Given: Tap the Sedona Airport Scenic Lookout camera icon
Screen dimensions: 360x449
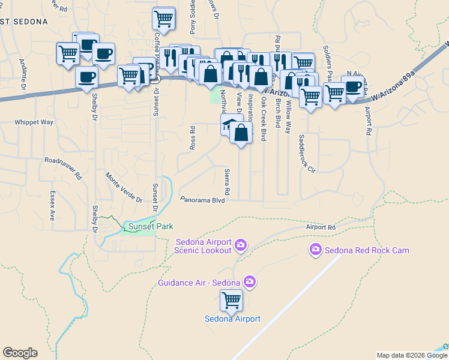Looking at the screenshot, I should click(241, 244).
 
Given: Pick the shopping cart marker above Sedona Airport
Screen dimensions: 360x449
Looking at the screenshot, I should click(231, 300).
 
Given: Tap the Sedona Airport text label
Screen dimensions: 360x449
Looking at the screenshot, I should click(232, 319).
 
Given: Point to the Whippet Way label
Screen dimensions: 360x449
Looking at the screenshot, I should click(34, 122).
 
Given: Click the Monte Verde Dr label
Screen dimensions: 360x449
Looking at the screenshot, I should click(124, 187).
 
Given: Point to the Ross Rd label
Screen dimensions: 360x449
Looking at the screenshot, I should click(193, 137).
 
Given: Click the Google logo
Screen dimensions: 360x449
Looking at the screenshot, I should click(20, 353).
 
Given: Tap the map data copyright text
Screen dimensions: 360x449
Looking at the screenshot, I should click(412, 355).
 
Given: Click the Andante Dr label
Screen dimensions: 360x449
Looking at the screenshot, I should click(23, 73).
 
